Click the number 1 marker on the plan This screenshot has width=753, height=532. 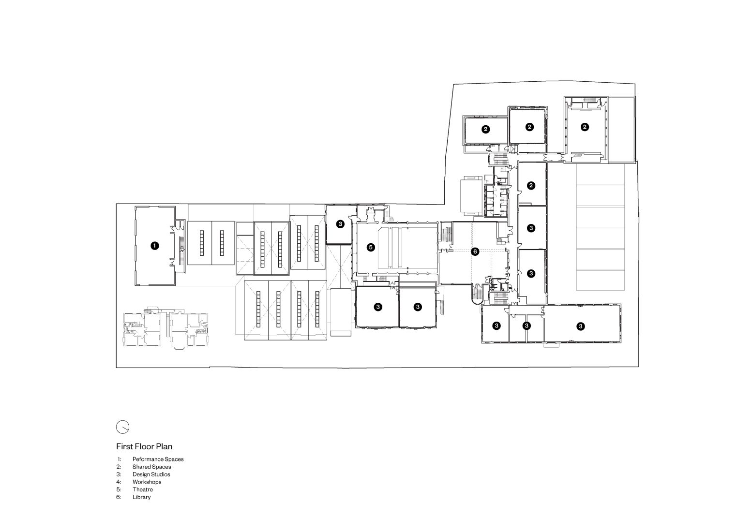154,246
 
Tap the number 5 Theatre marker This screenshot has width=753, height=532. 370,248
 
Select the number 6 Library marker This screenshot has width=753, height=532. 475,251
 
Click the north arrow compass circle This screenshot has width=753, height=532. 123,427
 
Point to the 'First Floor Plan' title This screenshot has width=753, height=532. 144,446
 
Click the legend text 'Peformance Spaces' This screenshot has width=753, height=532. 158,459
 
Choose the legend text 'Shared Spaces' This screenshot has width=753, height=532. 151,467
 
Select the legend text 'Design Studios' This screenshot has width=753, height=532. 151,474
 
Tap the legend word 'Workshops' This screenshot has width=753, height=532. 147,482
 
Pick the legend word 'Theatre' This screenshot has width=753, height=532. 143,489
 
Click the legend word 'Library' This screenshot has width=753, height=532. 141,497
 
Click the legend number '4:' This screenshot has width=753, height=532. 119,482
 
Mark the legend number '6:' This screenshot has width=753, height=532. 119,497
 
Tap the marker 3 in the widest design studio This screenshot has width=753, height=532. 580,326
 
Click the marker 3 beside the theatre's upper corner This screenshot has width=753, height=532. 340,224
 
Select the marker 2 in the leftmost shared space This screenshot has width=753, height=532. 485,129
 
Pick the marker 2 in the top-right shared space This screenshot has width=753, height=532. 585,127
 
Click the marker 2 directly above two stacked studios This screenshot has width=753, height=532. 531,185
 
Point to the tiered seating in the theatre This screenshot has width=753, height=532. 391,248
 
